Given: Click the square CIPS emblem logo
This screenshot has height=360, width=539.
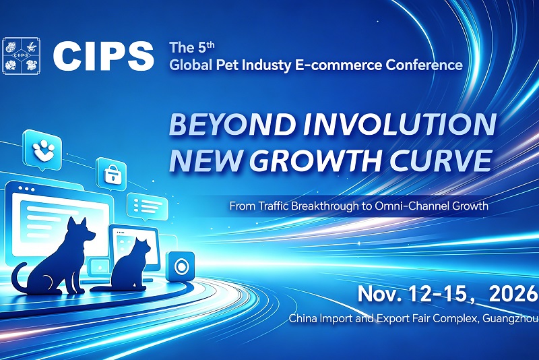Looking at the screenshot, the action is (22, 56).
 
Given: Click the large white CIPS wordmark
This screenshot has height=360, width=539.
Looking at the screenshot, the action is (104, 56).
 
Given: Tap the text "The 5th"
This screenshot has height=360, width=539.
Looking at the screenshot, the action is (192, 47).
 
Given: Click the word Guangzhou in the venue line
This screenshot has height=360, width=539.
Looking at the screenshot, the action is (511, 318).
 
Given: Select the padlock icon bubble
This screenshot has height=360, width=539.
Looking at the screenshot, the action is (111, 174).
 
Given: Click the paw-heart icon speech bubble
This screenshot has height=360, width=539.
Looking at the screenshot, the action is (43, 150).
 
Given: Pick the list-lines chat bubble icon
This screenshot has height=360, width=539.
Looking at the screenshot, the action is (148, 206).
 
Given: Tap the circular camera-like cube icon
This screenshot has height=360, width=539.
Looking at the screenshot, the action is (180, 266).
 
